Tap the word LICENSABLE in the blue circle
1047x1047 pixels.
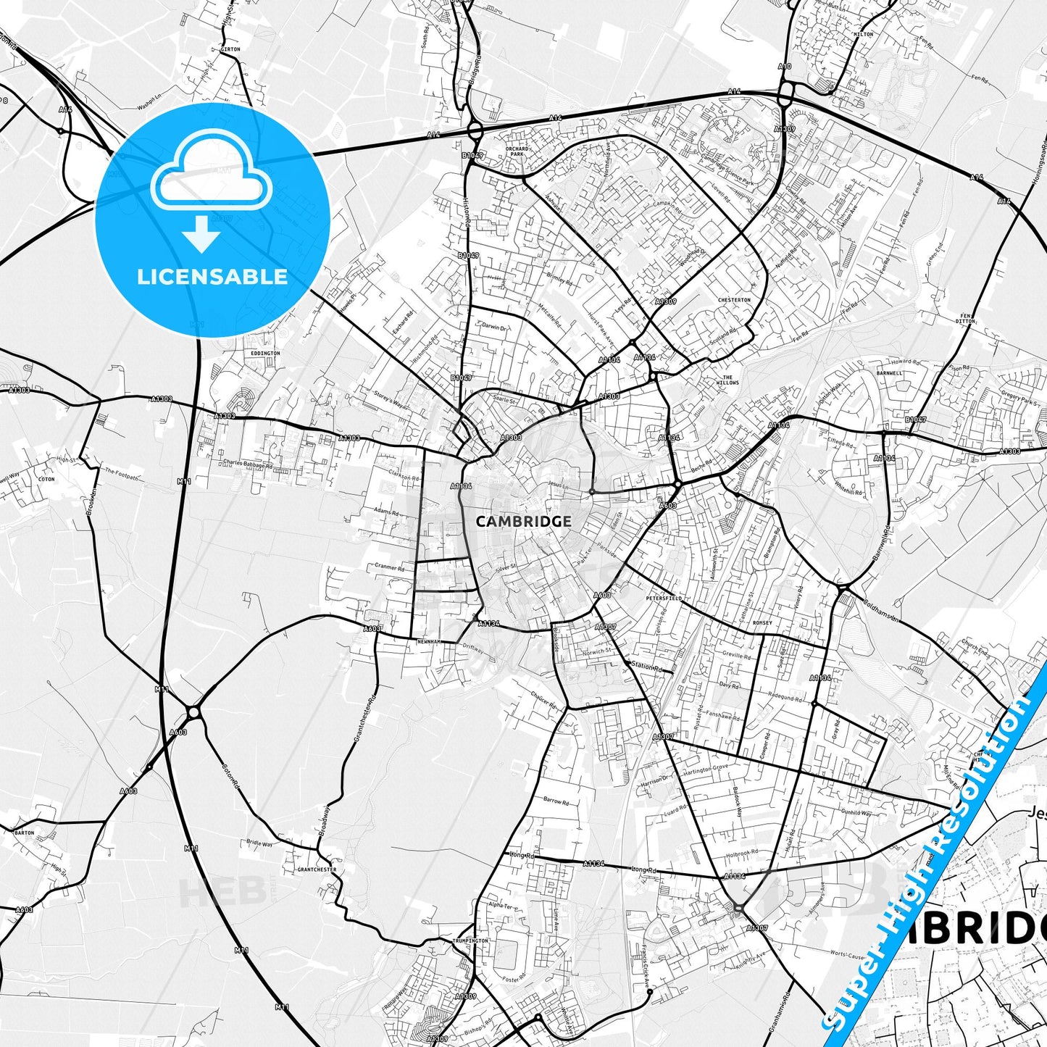click(212, 277)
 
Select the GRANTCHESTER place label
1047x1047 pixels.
click(317, 869)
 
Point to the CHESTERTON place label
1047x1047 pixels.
click(734, 300)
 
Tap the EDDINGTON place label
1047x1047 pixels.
click(265, 354)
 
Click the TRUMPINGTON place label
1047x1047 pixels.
click(470, 941)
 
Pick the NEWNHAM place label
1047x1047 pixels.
click(428, 642)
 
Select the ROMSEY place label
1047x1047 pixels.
click(762, 622)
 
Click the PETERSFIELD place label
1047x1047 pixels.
click(664, 599)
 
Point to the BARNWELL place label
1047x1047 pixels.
click(888, 373)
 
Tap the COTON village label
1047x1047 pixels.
click(46, 479)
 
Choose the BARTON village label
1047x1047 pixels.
click(24, 833)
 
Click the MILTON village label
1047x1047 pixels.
click(864, 34)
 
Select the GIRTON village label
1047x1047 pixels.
click(231, 49)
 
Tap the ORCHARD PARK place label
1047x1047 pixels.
click(516, 151)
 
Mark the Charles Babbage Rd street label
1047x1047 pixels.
click(248, 464)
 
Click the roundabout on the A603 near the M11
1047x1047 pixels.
click(193, 712)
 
